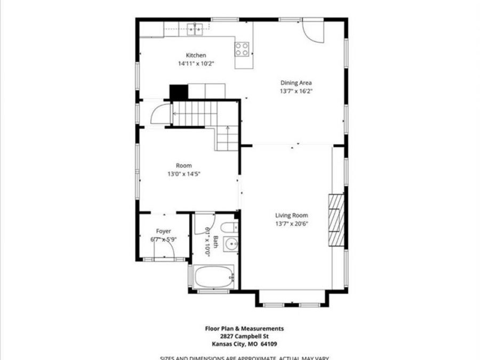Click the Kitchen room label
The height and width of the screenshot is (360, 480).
(196, 55)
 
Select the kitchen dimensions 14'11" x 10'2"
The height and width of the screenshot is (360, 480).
(196, 63)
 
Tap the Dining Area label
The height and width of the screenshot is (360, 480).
(296, 83)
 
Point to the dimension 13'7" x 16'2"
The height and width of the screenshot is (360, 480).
(296, 91)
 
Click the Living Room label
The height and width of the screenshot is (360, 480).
(292, 215)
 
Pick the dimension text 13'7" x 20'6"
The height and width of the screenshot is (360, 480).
(292, 224)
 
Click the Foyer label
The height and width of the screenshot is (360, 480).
(164, 231)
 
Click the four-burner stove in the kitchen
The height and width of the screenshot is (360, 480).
(242, 49)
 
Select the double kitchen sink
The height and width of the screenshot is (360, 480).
(195, 29)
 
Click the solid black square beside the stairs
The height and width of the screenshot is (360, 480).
(179, 92)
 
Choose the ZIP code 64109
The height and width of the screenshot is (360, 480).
(268, 344)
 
